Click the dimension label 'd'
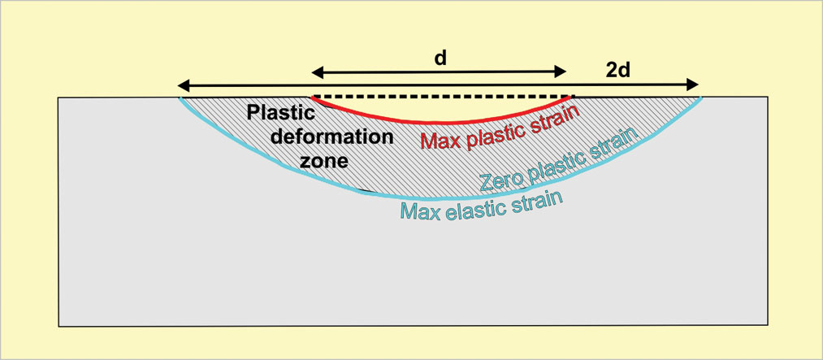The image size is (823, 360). coord(440,58)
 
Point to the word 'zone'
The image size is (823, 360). coord(324,160)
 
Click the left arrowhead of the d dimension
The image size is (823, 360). coord(318,73)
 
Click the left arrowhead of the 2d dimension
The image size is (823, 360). coord(184,85)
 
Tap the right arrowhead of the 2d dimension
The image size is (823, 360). coord(692,85)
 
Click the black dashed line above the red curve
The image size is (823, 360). coord(443,97)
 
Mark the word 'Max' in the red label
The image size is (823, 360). coord(440,137)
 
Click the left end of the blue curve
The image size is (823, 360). coord(181,98)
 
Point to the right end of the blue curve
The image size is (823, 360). coord(701,98)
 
